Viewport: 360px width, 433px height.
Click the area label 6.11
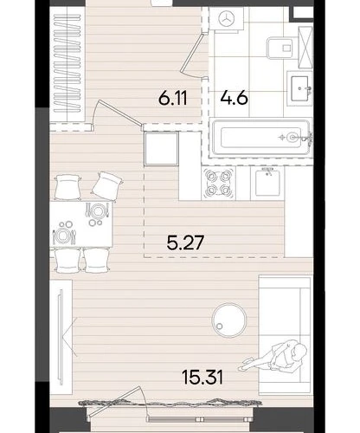coord(173,98)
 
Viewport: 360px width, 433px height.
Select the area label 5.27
coord(185,242)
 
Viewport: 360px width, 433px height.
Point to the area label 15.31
coord(202,378)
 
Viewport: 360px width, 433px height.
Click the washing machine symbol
coord(227,19)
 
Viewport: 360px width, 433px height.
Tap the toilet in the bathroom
coord(280,48)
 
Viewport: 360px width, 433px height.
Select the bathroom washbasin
coord(299,88)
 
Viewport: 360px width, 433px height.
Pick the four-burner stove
coord(219,183)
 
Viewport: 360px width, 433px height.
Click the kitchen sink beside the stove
coord(267,183)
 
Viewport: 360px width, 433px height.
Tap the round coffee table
coord(229,320)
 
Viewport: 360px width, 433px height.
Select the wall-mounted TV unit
coord(61,337)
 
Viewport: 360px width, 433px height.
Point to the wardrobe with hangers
coord(67,64)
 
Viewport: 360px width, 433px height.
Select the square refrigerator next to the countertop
coord(161,149)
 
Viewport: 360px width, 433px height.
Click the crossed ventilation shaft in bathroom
coord(305,48)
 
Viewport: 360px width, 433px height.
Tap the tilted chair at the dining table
coord(107,184)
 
